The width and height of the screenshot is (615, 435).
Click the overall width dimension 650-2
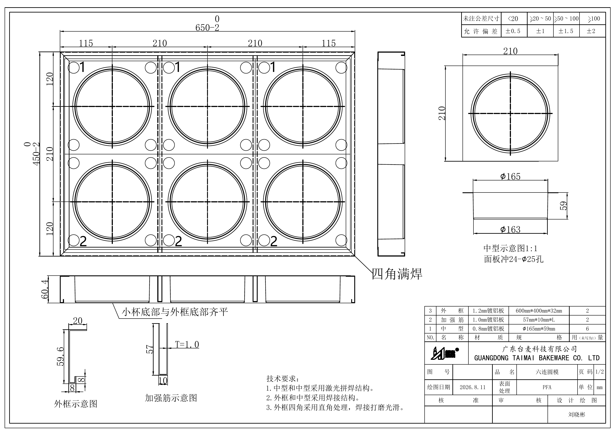point(207,28)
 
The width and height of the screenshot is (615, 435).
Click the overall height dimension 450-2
point(36,154)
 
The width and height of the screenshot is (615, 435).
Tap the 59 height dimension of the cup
point(564,206)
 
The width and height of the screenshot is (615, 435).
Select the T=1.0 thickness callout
point(187,344)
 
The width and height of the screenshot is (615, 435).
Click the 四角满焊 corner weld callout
point(397,274)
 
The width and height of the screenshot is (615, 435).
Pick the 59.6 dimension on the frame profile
point(60,356)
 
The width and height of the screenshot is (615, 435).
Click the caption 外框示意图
point(76,404)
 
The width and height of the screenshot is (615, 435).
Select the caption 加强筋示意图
point(171,398)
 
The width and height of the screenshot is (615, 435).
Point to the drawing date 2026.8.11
point(473,387)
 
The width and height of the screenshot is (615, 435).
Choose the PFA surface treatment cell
point(547,387)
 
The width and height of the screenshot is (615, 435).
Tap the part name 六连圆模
point(547,372)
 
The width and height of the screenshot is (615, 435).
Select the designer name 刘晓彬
point(577,414)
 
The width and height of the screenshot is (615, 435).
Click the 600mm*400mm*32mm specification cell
point(539,311)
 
